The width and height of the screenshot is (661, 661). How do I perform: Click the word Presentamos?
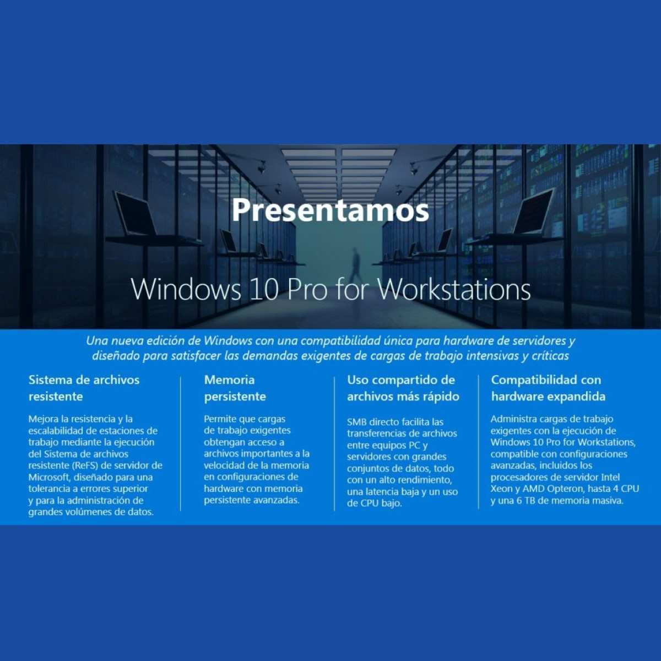330,210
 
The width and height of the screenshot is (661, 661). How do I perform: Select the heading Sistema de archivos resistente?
84,388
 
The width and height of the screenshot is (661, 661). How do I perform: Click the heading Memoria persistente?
235,388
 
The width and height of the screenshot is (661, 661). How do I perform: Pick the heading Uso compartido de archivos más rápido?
403,388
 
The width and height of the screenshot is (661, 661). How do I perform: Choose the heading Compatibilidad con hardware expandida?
548,388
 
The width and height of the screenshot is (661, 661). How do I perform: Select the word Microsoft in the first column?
48,477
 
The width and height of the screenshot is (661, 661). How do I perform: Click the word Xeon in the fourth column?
501,489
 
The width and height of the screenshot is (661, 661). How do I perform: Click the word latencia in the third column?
384,492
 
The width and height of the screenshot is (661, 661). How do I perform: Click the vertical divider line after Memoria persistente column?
334,443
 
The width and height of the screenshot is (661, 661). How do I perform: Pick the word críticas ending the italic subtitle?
550,356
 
